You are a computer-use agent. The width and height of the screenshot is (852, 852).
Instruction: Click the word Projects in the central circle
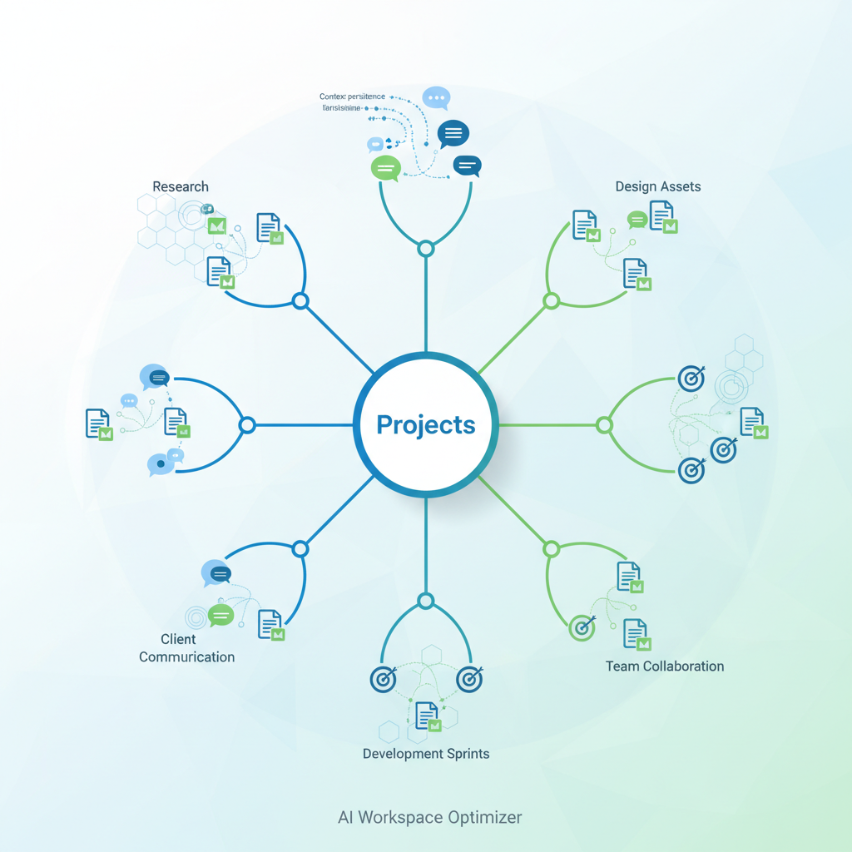426,424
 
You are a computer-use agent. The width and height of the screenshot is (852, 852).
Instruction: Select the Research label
181,186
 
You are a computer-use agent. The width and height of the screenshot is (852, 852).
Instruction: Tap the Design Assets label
657,186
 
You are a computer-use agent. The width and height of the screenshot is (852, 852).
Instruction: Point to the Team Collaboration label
664,666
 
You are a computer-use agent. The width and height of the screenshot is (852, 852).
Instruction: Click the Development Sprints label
426,754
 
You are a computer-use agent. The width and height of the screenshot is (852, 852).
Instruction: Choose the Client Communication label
186,648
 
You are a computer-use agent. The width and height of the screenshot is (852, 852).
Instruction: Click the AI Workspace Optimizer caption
429,817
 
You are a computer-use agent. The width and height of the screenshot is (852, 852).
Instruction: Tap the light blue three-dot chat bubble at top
436,97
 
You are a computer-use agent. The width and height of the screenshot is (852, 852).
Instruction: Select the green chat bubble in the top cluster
385,167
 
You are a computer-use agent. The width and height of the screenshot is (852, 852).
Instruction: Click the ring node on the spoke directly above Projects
426,248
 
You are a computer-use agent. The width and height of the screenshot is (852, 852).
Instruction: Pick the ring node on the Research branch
301,301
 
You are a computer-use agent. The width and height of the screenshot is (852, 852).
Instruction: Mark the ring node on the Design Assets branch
551,301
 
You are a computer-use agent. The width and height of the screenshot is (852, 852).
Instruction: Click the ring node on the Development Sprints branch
426,601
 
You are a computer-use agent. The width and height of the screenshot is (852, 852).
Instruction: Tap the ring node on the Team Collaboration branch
551,549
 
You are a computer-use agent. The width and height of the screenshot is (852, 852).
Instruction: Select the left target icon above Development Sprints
383,679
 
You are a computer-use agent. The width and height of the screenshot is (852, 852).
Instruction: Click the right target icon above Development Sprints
470,679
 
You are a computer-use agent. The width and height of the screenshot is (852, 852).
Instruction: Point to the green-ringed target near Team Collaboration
582,627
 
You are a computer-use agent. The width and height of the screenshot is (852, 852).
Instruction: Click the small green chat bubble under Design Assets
637,220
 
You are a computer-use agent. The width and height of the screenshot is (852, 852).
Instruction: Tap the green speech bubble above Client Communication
220,616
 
